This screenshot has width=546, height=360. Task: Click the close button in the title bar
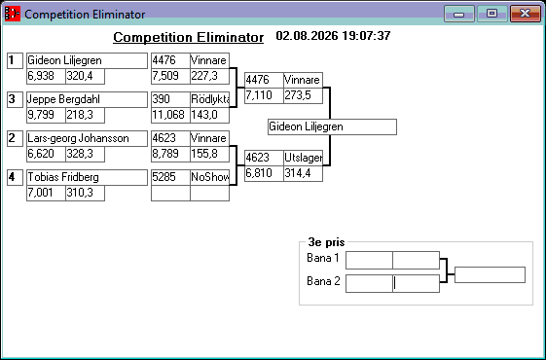coord(526,14)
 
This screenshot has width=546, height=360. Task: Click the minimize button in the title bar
coord(459,14)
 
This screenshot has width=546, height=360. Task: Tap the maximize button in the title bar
coord(492,14)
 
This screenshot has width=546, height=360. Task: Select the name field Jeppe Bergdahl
coord(87,99)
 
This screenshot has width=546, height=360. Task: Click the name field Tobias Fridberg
coord(87,177)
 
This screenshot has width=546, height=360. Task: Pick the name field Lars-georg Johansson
coord(87,138)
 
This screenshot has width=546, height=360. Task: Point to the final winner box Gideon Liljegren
coord(332,126)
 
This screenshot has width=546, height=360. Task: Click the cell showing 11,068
coord(170,115)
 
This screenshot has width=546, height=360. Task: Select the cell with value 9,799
coord(46,115)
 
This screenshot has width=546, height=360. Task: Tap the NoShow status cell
coord(209,177)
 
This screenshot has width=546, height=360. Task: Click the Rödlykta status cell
coord(209,99)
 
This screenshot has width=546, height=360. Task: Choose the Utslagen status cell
coord(303,158)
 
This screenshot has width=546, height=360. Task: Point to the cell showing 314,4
coord(303,173)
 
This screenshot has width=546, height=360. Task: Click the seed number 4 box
coord(15,177)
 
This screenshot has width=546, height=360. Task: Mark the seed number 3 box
coord(15,99)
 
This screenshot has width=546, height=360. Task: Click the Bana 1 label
coord(323,258)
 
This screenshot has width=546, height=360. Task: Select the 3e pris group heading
coord(326,242)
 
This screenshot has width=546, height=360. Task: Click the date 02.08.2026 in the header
coord(307,36)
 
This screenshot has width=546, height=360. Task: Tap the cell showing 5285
coord(170,177)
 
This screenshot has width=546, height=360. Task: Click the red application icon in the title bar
coord(13,14)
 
